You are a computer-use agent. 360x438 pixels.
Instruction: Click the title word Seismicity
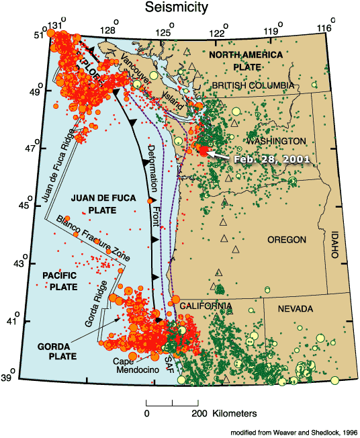[x=179, y=8]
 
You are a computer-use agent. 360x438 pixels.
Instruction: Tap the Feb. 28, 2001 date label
[x=271, y=159]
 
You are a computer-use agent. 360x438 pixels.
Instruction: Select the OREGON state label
[x=287, y=240]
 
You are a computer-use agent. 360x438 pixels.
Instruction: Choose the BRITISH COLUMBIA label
[x=253, y=85]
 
